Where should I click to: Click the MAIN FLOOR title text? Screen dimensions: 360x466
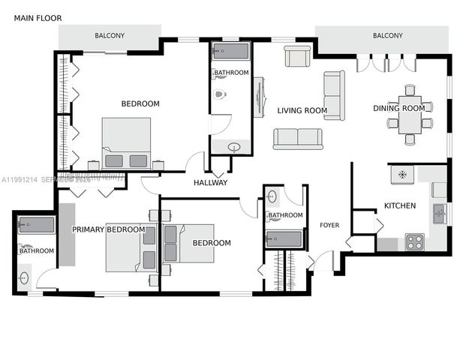tap(38, 17)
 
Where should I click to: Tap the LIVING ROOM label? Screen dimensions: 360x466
tap(302, 111)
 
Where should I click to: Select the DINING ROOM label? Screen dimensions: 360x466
tap(399, 109)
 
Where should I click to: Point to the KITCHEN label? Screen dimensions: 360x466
tap(400, 205)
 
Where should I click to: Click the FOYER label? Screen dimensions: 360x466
tap(329, 225)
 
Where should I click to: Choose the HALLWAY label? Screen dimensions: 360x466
tap(210, 183)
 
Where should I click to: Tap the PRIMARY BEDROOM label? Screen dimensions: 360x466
tap(109, 229)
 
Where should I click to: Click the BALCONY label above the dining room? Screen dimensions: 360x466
tap(387, 36)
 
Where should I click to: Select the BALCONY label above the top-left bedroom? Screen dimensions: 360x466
tap(110, 36)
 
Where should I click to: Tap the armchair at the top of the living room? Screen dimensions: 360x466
tap(297, 56)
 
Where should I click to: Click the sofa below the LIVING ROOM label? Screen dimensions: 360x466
tap(298, 139)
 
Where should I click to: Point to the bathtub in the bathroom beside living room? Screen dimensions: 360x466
tap(231, 52)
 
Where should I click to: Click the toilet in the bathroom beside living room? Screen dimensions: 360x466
tap(220, 95)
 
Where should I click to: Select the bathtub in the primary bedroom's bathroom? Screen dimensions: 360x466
tap(35, 225)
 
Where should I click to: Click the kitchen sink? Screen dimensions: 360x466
tap(440, 214)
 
